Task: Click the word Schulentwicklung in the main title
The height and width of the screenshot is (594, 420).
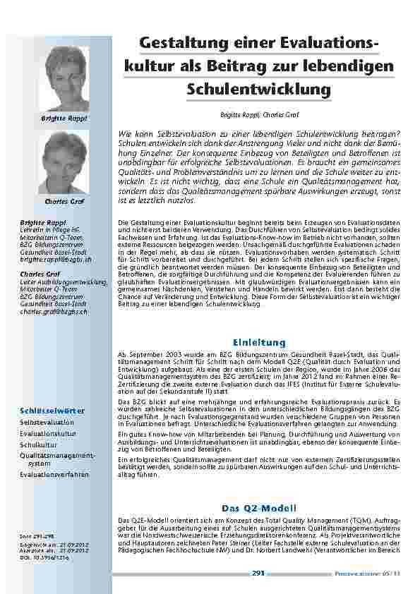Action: click(258, 90)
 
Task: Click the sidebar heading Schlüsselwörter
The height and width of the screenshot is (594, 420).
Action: click(52, 410)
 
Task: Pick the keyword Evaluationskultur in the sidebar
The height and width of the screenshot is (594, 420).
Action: click(48, 434)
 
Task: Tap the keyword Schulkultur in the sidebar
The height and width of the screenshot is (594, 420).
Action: click(38, 446)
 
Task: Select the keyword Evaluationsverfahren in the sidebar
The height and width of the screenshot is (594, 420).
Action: click(54, 475)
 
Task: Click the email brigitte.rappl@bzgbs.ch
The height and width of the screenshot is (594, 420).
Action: click(53, 260)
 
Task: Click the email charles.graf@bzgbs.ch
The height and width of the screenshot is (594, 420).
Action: click(54, 311)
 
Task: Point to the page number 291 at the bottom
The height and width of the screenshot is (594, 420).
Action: click(258, 572)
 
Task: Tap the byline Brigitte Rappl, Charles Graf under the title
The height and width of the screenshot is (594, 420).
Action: click(258, 113)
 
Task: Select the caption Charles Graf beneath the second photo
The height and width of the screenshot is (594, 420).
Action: click(65, 202)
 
